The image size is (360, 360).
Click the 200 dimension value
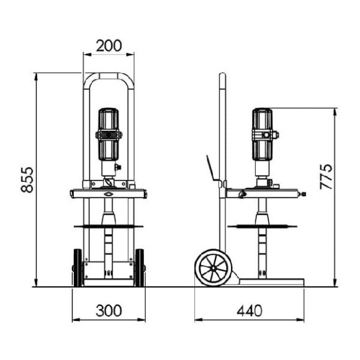tap(109, 46)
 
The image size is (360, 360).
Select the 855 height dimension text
tap(27, 180)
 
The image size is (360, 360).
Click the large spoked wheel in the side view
tap(212, 268)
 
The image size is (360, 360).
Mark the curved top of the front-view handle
tap(109, 76)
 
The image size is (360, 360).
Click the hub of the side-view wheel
tap(212, 268)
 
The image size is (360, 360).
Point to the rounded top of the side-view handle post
tap(222, 76)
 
